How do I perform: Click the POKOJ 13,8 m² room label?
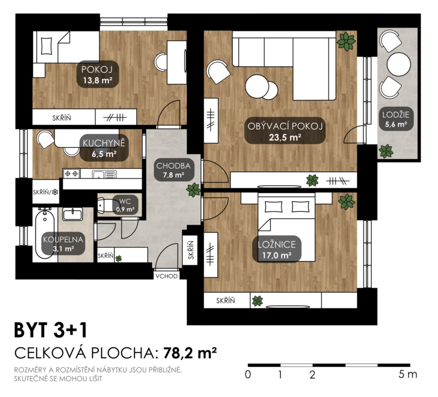98,74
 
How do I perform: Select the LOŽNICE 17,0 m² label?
277,249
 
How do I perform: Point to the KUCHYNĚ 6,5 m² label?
104,148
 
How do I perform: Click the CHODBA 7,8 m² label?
173,170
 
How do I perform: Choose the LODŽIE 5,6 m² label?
396,119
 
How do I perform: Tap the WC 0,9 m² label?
125,205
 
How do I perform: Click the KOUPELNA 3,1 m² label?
63,243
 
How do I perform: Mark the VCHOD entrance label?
166,276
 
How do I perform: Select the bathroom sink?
72,214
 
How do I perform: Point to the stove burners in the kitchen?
71,174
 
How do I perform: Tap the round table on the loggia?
399,64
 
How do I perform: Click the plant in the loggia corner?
386,151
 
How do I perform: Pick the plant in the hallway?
193,190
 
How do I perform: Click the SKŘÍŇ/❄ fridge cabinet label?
46,192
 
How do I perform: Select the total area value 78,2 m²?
190,353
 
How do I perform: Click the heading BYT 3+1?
51,330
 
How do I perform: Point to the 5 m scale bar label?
408,374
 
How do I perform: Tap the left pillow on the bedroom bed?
273,207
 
